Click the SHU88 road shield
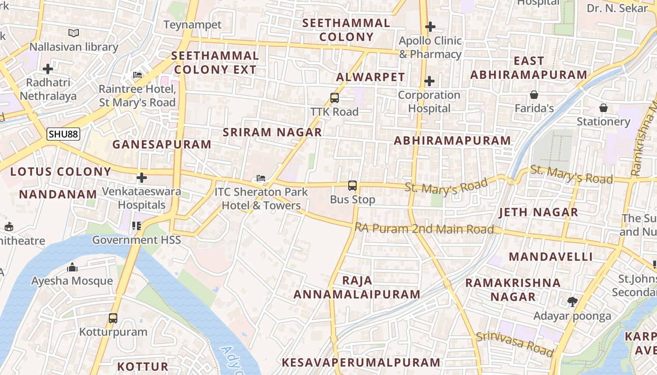click(x=63, y=134)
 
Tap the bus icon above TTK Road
click(x=335, y=98)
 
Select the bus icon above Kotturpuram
click(x=113, y=318)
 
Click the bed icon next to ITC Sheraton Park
click(x=261, y=178)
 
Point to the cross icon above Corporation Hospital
click(x=429, y=82)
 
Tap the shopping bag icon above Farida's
click(x=534, y=95)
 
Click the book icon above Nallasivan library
click(x=74, y=33)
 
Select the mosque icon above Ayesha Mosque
click(x=72, y=268)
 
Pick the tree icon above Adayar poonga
click(x=572, y=302)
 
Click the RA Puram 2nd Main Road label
click(x=424, y=229)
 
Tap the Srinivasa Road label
click(x=515, y=344)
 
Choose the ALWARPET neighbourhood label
click(x=370, y=77)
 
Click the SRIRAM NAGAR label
click(x=272, y=132)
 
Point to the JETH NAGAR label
click(x=538, y=212)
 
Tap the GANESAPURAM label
click(x=161, y=144)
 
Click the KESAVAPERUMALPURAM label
click(x=361, y=362)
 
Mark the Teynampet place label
click(x=192, y=25)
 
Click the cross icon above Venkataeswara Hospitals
click(x=142, y=178)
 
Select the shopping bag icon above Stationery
click(x=604, y=108)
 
